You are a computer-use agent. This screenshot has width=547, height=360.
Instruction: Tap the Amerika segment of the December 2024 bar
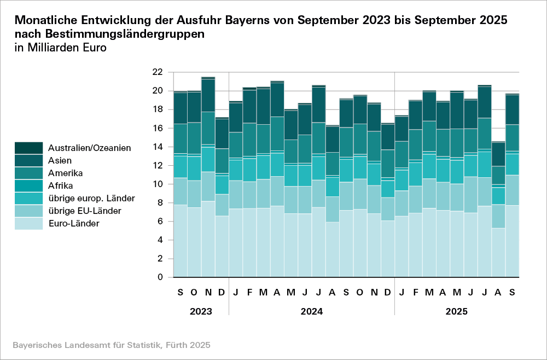(x=387, y=164)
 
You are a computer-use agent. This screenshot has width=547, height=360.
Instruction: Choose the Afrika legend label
(x=61, y=185)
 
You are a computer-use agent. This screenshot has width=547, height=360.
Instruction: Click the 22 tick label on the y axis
(x=157, y=72)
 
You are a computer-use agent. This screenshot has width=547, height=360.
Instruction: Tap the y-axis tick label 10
(x=157, y=184)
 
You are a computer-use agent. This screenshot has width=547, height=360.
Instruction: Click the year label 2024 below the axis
(x=311, y=311)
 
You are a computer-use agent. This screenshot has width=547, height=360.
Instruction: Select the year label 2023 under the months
(x=201, y=311)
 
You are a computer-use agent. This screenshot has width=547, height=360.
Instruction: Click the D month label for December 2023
(x=222, y=293)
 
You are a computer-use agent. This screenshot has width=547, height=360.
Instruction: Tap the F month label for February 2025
(x=415, y=293)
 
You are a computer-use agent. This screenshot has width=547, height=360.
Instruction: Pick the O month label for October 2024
(x=360, y=293)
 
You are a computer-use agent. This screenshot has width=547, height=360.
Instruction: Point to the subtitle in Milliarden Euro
(x=60, y=48)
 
